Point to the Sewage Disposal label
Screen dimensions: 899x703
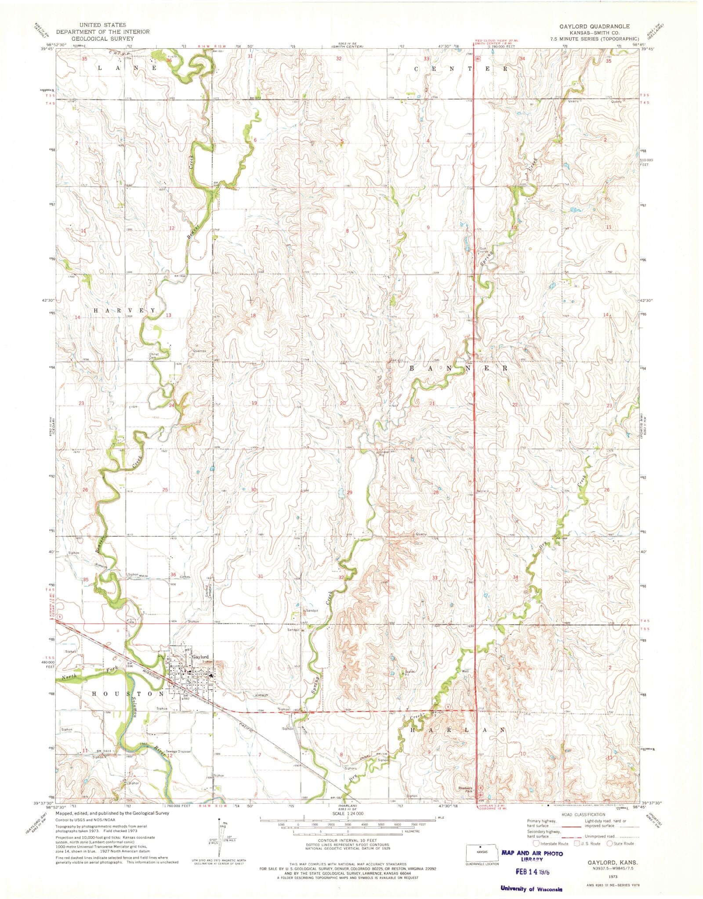point(179,752)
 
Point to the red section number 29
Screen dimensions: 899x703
point(350,493)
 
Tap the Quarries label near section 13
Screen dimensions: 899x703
point(199,351)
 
